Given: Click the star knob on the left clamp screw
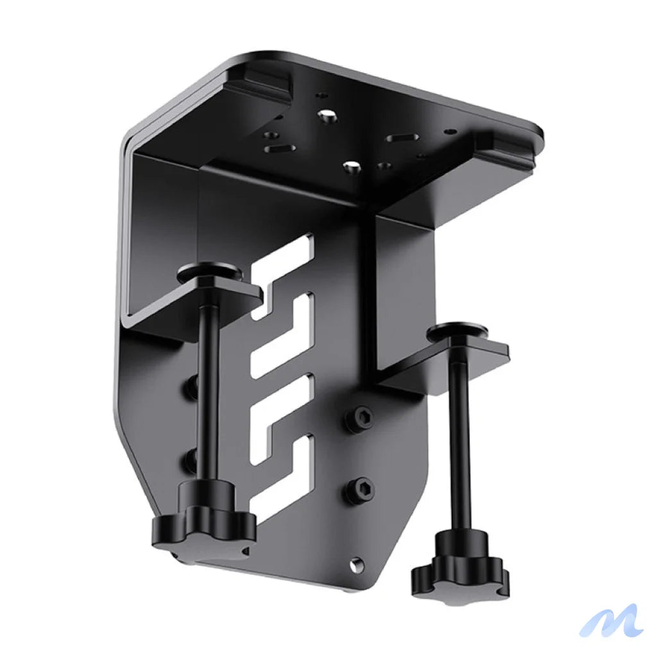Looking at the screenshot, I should (203, 520).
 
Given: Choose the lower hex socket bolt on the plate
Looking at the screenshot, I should (361, 489).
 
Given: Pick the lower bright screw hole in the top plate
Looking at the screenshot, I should (350, 166).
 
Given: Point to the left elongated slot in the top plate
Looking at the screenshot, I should (280, 148).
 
